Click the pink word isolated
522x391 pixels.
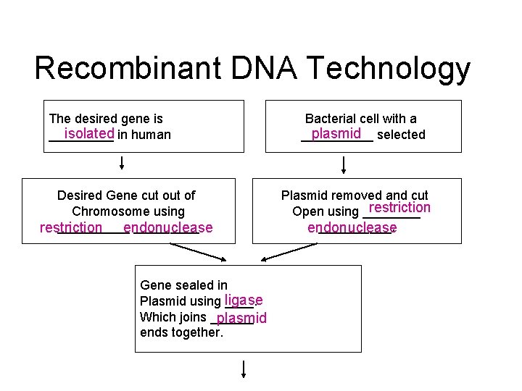click(x=88, y=133)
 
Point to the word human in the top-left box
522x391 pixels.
click(x=153, y=135)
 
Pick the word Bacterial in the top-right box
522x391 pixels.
click(x=331, y=118)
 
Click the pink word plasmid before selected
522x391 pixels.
click(x=336, y=133)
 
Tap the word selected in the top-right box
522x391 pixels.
click(x=402, y=135)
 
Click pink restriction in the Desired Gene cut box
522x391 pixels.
click(x=71, y=227)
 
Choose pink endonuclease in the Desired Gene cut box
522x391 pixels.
click(x=168, y=227)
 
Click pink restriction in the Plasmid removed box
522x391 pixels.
click(x=399, y=208)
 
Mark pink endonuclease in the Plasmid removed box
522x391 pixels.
click(x=352, y=227)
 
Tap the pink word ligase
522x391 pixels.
click(x=243, y=300)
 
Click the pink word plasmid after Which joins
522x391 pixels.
click(x=241, y=318)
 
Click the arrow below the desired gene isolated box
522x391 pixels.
click(x=122, y=161)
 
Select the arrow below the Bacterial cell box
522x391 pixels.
click(x=344, y=164)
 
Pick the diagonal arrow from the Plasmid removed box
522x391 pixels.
click(x=290, y=251)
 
